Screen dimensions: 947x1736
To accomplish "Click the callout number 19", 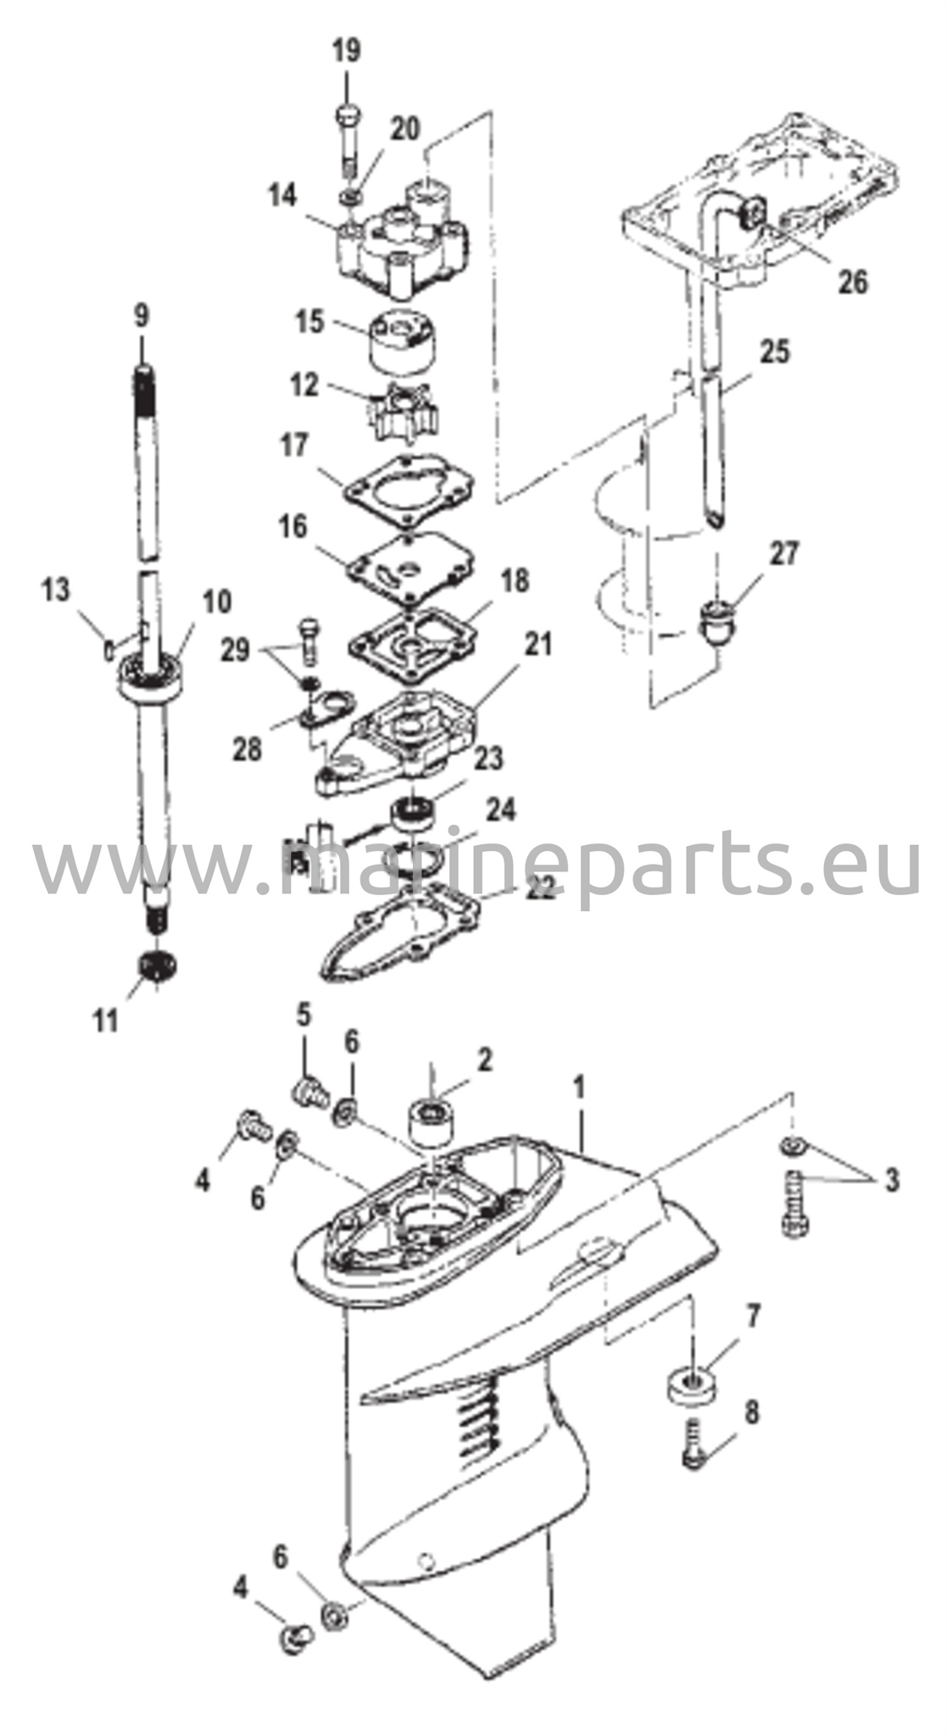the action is tap(346, 51).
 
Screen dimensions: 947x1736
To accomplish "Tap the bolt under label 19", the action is tap(348, 140).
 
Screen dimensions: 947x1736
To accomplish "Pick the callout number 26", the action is tap(853, 281).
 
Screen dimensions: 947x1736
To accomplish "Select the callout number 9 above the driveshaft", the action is tap(142, 317).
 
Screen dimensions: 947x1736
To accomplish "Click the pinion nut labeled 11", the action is tap(156, 965).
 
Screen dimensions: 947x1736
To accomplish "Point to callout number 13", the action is tap(56, 590).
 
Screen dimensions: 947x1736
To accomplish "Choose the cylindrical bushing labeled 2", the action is tap(431, 1121).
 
